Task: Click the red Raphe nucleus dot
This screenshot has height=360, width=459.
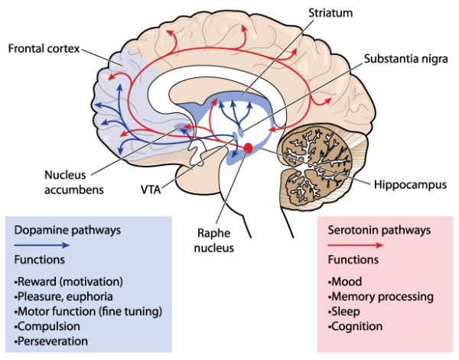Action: click(248, 147)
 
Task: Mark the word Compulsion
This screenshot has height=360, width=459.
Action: click(49, 326)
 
